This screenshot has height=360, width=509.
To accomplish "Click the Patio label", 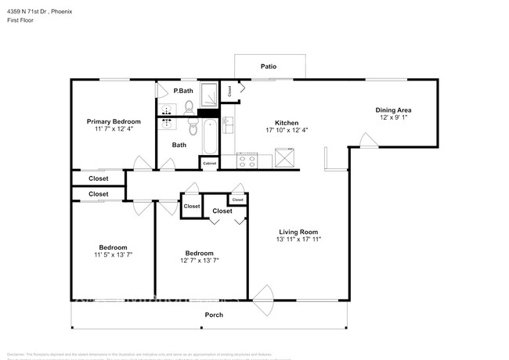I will pyautogui.click(x=269, y=67).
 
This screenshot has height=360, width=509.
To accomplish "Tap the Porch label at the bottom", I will pyautogui.click(x=214, y=315).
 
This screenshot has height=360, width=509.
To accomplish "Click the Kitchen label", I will pyautogui.click(x=286, y=122).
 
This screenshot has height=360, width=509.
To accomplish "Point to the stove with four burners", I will pyautogui.click(x=247, y=160).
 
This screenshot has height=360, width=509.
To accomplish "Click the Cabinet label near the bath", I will pyautogui.click(x=209, y=163).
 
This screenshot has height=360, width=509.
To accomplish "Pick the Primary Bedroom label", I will pyautogui.click(x=114, y=121).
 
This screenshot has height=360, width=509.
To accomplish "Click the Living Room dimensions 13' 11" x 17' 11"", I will pyautogui.click(x=299, y=239).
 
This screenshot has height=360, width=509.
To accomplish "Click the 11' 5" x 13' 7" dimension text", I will pyautogui.click(x=114, y=255).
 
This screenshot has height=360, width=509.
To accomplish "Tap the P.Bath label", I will pyautogui.click(x=183, y=90).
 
